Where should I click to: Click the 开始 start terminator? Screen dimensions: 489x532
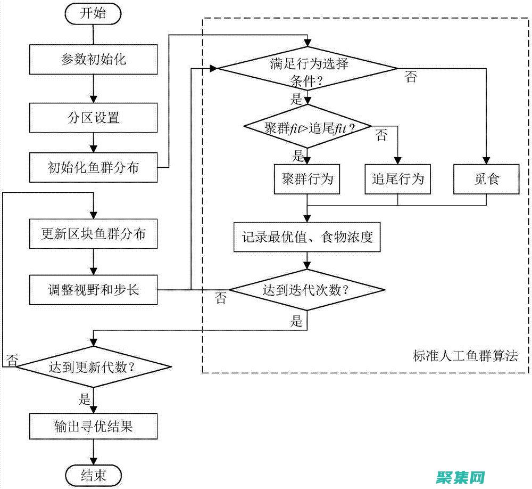[93, 13]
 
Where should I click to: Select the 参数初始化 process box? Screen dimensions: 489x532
[93, 59]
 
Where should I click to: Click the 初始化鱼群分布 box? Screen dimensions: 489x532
[93, 167]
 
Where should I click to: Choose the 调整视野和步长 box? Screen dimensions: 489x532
[93, 290]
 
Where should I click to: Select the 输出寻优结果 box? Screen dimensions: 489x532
[93, 426]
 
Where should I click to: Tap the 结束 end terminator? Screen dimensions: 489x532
[93, 474]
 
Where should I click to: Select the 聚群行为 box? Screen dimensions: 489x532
[307, 178]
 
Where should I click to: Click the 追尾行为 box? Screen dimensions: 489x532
[398, 178]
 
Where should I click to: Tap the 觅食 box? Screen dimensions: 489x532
[486, 178]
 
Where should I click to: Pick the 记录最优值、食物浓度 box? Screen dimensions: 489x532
[307, 237]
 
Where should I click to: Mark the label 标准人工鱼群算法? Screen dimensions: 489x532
[465, 356]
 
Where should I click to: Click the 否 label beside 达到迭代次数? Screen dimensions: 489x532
[221, 298]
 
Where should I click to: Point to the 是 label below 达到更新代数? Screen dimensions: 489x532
[85, 399]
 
